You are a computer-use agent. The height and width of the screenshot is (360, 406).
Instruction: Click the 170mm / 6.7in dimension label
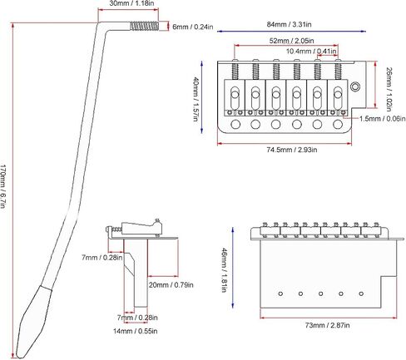[x=2, y=186]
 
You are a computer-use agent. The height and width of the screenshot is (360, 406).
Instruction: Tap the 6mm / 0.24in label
[x=193, y=27]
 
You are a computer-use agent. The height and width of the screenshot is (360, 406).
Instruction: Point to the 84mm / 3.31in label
[x=290, y=24]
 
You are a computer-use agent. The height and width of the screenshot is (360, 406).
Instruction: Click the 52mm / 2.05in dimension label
[x=292, y=41]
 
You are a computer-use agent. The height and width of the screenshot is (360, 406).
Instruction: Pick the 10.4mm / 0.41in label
[x=311, y=52]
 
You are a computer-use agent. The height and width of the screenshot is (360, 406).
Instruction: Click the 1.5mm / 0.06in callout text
[x=383, y=119]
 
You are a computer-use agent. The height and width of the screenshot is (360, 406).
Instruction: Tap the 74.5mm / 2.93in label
[x=292, y=150]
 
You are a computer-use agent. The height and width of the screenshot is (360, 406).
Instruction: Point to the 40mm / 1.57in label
[x=196, y=99]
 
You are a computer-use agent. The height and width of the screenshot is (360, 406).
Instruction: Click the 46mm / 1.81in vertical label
[x=224, y=270]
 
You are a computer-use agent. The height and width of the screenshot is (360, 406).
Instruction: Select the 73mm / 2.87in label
[x=327, y=325]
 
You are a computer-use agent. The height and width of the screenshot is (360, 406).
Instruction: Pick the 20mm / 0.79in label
[x=171, y=285]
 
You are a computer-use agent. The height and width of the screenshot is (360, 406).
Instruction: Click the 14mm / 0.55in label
[x=136, y=331]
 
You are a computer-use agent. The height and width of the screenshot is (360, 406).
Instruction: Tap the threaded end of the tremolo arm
[x=144, y=27]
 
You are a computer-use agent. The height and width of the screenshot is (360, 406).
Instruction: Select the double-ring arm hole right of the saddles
[x=354, y=86]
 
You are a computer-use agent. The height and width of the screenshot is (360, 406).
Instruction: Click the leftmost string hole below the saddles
[x=235, y=125]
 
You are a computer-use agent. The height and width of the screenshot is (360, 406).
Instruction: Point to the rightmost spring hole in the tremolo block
[x=361, y=293]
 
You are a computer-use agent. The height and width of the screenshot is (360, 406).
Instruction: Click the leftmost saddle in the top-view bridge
[x=235, y=98]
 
